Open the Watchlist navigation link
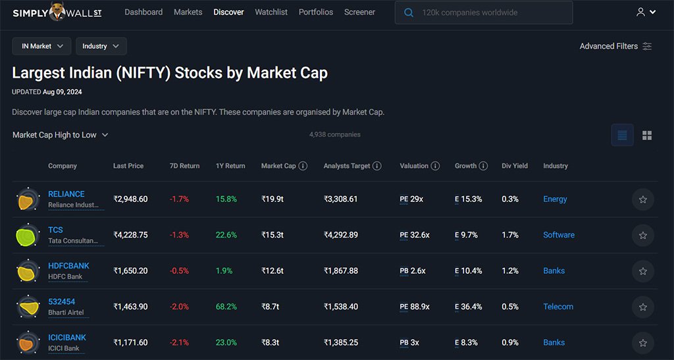[x=271, y=13]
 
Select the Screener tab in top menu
[x=359, y=13]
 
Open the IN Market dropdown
[x=41, y=46]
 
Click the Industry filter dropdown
[x=101, y=46]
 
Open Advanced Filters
[x=615, y=46]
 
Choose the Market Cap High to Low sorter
[x=60, y=135]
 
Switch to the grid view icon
[x=647, y=136]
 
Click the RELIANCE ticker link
[x=66, y=194]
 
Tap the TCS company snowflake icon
[x=28, y=236]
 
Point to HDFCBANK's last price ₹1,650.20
[x=130, y=271]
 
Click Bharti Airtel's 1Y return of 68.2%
[x=226, y=307]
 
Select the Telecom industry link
[x=558, y=307]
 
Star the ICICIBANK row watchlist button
[x=642, y=343]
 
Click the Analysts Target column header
[x=347, y=166]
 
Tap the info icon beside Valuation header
[x=435, y=166]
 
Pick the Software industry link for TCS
[x=559, y=235]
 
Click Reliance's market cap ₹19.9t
[x=273, y=199]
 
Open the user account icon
[x=646, y=13]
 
